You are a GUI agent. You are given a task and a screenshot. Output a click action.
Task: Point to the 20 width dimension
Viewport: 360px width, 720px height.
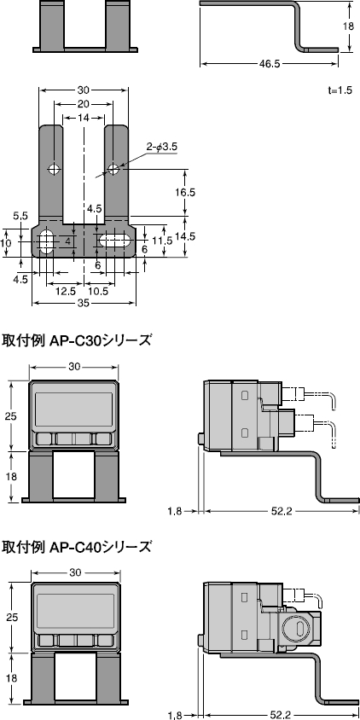pyautogui.click(x=84, y=104)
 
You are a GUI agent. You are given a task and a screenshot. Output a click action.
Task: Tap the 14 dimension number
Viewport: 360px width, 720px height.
pyautogui.click(x=84, y=119)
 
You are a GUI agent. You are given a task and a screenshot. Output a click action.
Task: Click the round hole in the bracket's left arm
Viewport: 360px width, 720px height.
pyautogui.click(x=54, y=166)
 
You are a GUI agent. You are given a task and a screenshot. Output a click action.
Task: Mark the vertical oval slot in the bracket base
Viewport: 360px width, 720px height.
pyautogui.click(x=46, y=241)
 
